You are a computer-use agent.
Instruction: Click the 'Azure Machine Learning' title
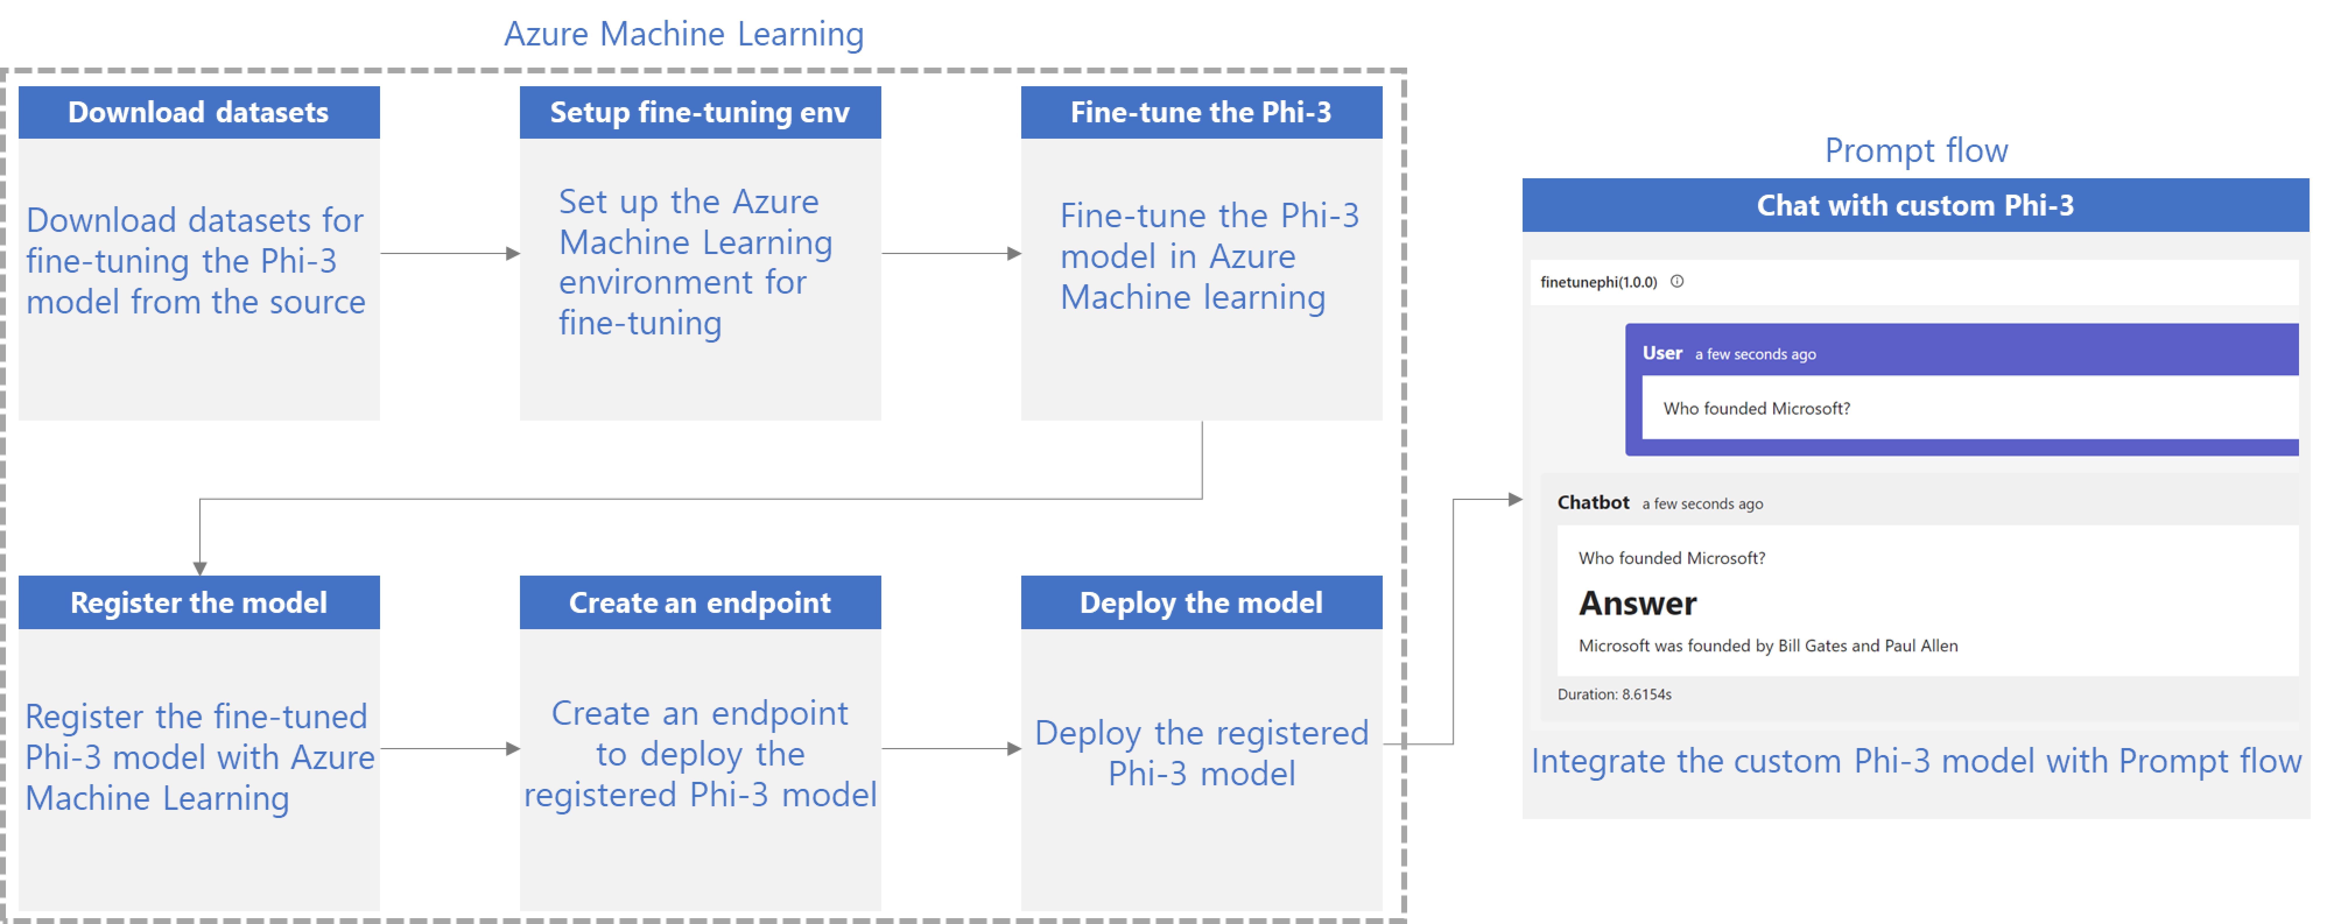point(683,34)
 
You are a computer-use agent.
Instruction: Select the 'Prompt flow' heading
point(1915,150)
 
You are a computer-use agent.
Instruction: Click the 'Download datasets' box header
point(198,112)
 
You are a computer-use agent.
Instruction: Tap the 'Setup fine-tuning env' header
point(700,112)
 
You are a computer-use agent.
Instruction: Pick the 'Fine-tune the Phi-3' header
point(1201,112)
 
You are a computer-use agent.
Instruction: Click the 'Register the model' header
point(198,602)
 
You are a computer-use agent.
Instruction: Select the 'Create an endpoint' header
point(700,602)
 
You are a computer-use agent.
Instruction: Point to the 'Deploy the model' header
point(1201,602)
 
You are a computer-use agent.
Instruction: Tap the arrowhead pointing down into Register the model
point(199,567)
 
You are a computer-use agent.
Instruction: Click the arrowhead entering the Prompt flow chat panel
point(1514,499)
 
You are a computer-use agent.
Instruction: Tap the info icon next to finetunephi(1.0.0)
point(1677,282)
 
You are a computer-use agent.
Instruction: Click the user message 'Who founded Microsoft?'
point(1756,409)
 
